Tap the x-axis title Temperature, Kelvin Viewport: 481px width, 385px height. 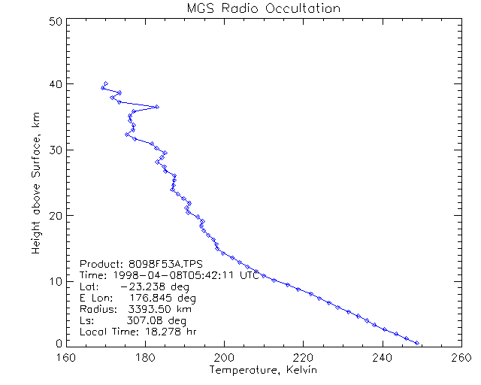tap(263, 371)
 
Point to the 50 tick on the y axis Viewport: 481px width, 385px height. tap(55, 22)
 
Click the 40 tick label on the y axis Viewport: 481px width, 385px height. tap(55, 83)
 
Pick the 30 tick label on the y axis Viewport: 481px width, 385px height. tap(55, 150)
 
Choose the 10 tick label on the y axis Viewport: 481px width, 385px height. tap(55, 281)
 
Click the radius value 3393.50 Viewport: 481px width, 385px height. tap(147, 309)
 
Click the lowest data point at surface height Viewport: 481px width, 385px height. tap(417, 343)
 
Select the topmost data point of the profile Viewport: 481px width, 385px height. tap(106, 83)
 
